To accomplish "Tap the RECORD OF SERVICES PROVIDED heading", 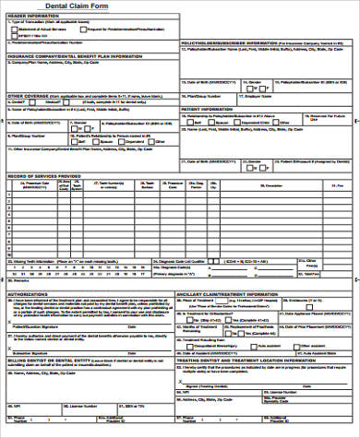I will coord(44,174).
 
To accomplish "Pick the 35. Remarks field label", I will coord(20,278).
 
